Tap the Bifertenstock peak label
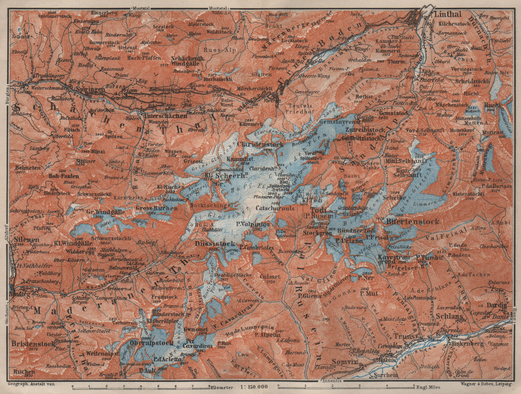pyautogui.click(x=413, y=222)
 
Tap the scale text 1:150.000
pyautogui.click(x=255, y=388)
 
